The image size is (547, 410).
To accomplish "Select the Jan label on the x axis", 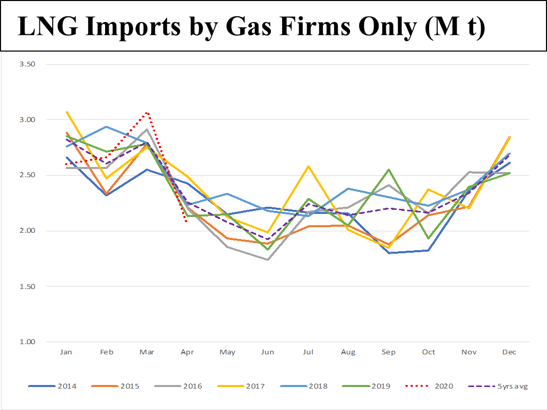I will point(66,352).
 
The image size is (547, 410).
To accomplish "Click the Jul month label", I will point(308,352).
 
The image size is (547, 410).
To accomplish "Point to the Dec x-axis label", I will point(509,352).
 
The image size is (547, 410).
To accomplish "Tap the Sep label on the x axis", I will point(388,352).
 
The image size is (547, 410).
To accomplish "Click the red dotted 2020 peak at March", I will point(146,113).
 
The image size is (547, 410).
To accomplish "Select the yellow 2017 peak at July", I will point(308,166).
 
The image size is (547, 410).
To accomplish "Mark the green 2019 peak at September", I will point(388,170).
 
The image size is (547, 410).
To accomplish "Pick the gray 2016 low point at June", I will point(267,259).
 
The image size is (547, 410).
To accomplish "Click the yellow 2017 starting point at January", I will point(66,112).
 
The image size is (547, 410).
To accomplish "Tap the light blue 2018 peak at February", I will point(106,127).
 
